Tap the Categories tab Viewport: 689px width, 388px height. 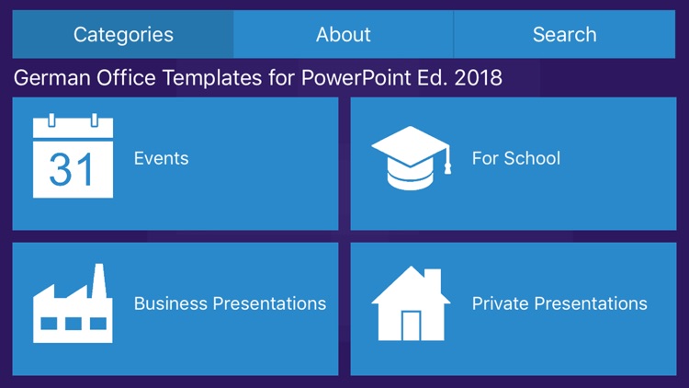click(x=123, y=35)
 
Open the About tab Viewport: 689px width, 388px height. click(x=344, y=35)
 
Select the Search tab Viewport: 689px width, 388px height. click(x=564, y=35)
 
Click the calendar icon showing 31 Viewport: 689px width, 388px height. click(x=73, y=158)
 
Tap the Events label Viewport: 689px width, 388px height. click(x=161, y=158)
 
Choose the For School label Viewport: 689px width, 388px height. click(x=515, y=158)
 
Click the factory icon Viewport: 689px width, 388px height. click(x=73, y=304)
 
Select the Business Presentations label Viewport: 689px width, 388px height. click(x=230, y=303)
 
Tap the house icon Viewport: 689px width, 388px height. click(x=410, y=304)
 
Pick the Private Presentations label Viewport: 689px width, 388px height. click(x=559, y=303)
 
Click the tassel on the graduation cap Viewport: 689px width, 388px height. click(x=447, y=164)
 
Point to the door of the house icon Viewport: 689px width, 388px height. click(x=411, y=325)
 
